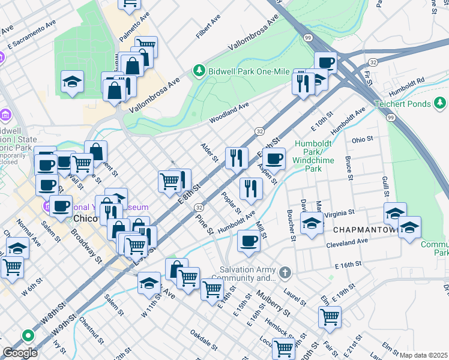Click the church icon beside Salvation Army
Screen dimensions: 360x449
pos(285,274)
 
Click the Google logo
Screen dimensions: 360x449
pos(20,353)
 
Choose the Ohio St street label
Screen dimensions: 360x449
pos(363,139)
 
